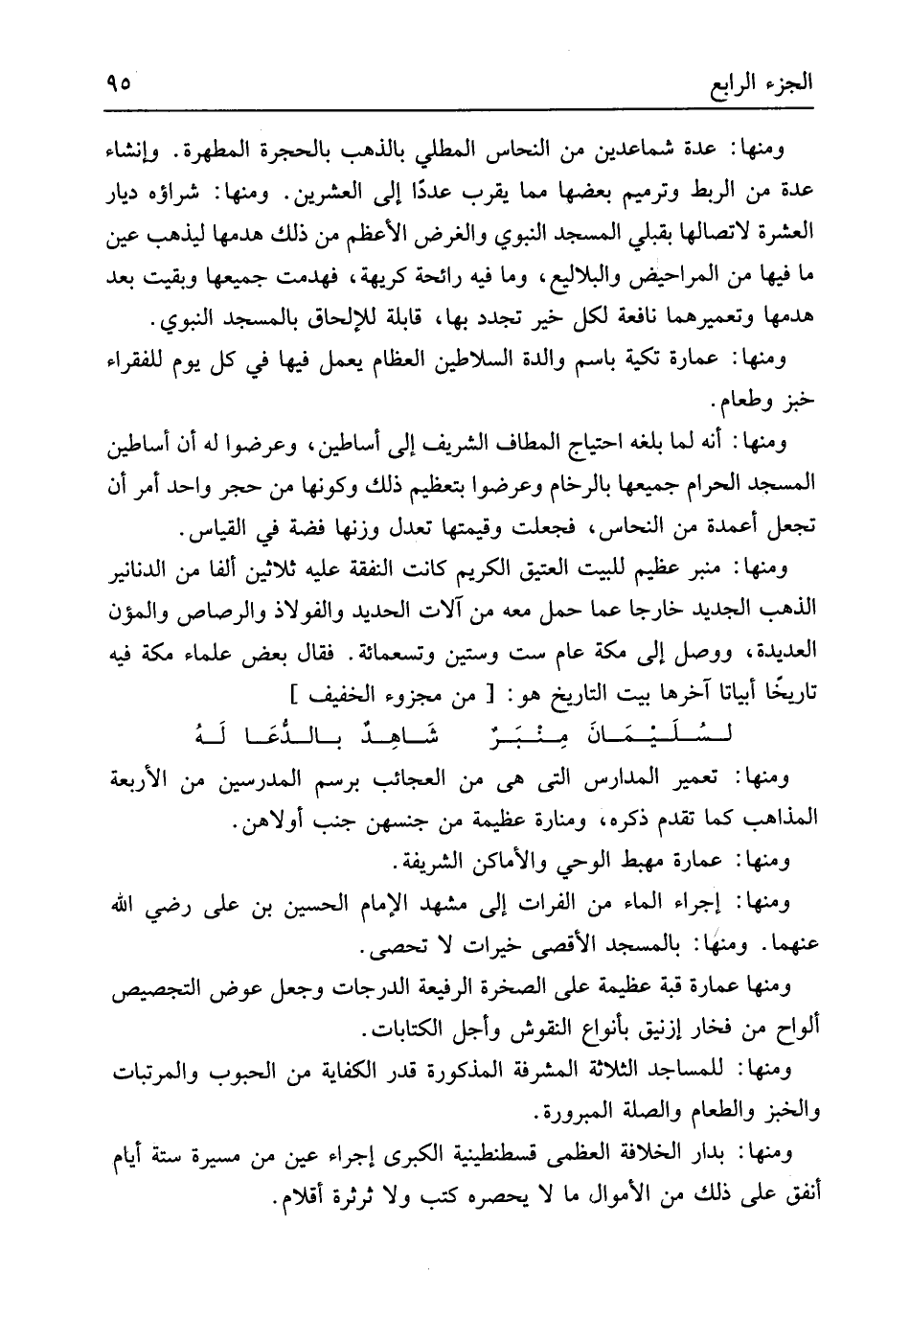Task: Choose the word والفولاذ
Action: pyautogui.click(x=308, y=610)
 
